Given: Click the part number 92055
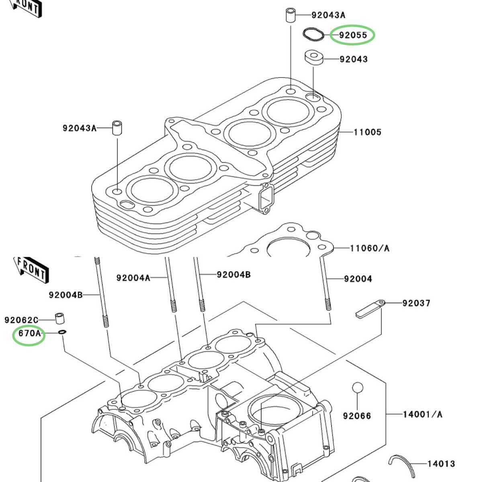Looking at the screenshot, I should point(353,35).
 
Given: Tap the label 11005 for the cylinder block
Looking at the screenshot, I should point(367,132).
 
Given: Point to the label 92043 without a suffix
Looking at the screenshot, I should point(353,59).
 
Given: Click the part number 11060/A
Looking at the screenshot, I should point(369,248).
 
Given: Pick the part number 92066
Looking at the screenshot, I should point(357,416).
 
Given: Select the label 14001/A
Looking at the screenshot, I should point(422,414).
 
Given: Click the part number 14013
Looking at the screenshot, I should point(441,464).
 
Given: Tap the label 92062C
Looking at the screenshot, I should point(21,320).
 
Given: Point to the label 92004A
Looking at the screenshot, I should point(133,278).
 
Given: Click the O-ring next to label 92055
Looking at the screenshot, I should point(313,35).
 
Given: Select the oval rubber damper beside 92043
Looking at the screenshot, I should point(314,57).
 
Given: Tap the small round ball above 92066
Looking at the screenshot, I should point(357,388).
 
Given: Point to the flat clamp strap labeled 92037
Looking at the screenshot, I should point(369,308).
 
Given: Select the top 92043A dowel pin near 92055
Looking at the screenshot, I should point(291,15).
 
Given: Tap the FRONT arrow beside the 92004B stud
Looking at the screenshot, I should point(32,269).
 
